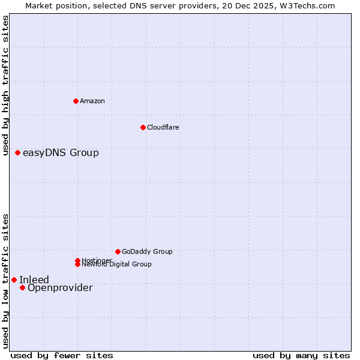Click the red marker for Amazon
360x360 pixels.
(x=76, y=101)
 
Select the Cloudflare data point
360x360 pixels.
(x=143, y=127)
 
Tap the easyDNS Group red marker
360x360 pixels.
(x=18, y=153)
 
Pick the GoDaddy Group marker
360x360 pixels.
(x=118, y=251)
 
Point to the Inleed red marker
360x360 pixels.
(x=14, y=280)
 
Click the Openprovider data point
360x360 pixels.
(x=23, y=287)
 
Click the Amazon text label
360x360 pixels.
(x=92, y=101)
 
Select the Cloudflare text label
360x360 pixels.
(x=163, y=127)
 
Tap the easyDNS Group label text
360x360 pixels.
(x=61, y=153)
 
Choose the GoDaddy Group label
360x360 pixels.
(x=147, y=251)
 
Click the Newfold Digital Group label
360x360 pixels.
(x=116, y=264)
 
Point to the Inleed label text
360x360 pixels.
(x=34, y=280)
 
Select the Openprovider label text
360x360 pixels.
(x=60, y=288)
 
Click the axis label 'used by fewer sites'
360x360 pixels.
(x=62, y=356)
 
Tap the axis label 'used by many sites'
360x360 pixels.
(x=301, y=356)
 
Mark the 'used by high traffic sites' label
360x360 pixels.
(x=6, y=86)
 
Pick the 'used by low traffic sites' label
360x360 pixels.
(x=6, y=281)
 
